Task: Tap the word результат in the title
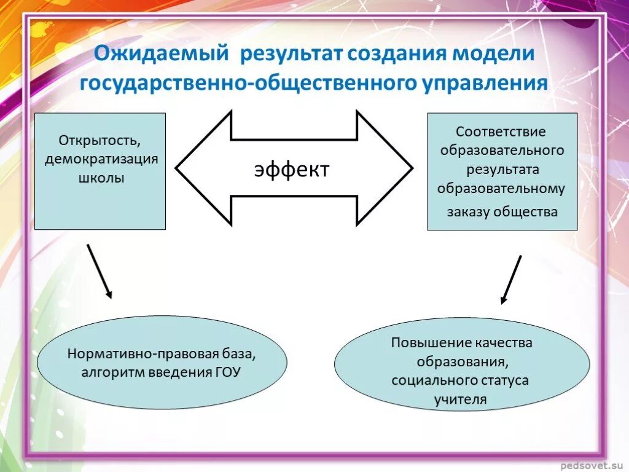(291, 53)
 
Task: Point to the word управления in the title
(485, 84)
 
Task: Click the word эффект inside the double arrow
(292, 169)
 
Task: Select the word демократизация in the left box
(101, 159)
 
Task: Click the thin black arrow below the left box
(100, 271)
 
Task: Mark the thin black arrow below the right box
(511, 280)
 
